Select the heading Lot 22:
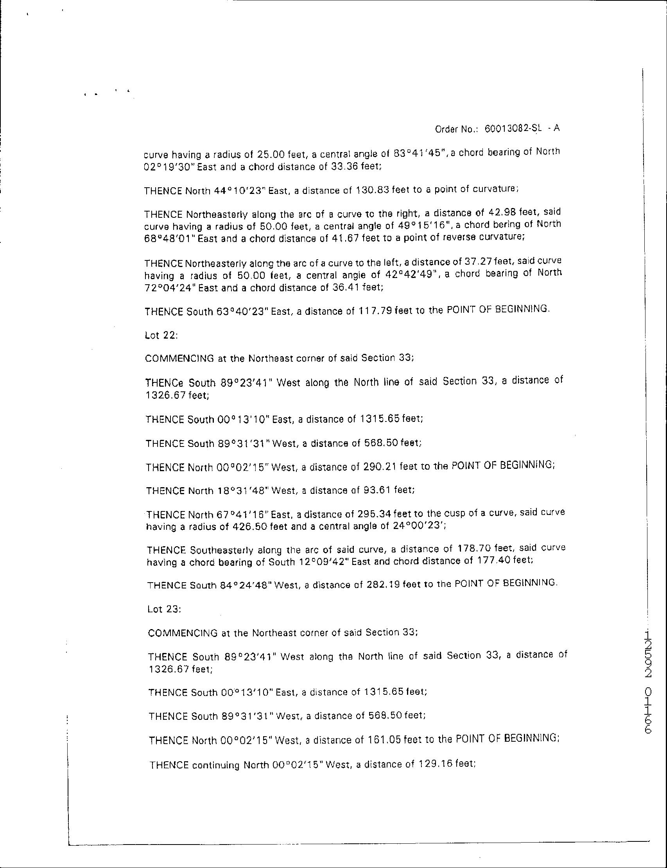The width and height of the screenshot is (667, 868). pyautogui.click(x=161, y=335)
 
